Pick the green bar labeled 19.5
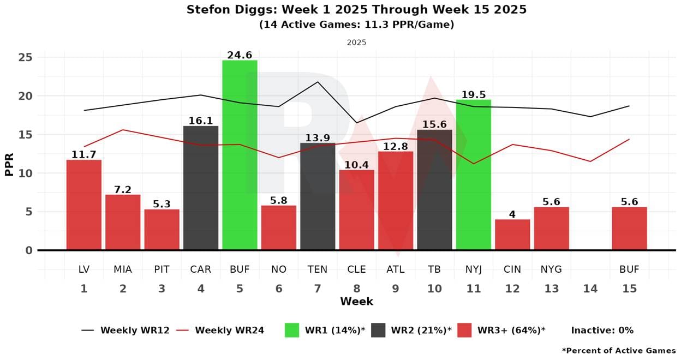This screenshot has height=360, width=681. pos(474,175)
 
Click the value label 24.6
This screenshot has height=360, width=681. pos(240,55)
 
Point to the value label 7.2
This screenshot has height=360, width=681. pos(123,189)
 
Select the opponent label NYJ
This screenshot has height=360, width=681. pos(474,269)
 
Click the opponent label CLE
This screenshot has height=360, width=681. pos(356,269)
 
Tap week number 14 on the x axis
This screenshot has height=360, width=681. pos(590,289)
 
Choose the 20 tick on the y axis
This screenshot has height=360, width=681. pos(26,96)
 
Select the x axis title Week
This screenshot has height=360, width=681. pos(356,302)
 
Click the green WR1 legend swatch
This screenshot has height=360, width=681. pos(292,330)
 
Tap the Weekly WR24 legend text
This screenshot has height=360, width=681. pos(229,330)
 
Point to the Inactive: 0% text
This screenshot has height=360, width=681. pos(602,330)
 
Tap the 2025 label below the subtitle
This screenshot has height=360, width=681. pos(356,42)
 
